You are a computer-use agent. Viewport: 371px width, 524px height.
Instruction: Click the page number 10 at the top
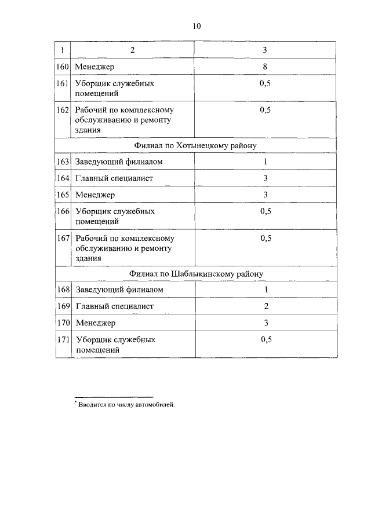pos(196,26)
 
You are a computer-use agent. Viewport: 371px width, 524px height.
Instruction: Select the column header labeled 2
pos(132,50)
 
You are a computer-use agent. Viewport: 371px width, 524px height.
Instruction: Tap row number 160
pos(63,67)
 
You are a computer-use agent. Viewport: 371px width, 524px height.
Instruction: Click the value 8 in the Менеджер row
pos(265,67)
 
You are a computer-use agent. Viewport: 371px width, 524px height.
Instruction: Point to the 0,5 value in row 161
pos(265,83)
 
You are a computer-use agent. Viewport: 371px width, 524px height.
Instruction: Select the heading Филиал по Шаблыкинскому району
pos(196,274)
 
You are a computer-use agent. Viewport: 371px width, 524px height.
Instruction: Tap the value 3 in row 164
pos(265,178)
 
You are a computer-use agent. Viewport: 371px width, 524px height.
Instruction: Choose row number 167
pos(63,238)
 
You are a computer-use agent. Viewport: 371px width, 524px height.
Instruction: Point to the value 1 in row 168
pos(265,290)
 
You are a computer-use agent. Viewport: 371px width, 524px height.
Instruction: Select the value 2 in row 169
pos(265,306)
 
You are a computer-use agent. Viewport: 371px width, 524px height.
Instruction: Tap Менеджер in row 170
pos(95,323)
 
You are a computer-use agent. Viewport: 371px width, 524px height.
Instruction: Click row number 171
pos(63,339)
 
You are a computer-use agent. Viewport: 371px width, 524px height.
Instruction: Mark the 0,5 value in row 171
pos(265,339)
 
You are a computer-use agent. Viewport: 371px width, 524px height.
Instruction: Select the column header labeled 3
pos(265,50)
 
